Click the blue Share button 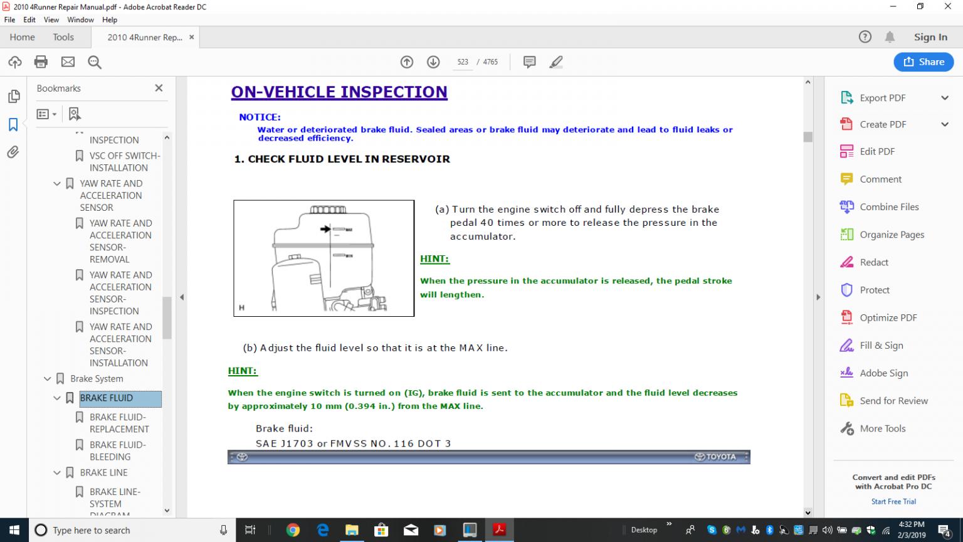(x=924, y=62)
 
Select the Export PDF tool (x=882, y=98)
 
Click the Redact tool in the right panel (x=873, y=262)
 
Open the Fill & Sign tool (x=881, y=346)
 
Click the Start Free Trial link (x=893, y=502)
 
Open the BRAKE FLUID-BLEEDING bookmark (x=117, y=451)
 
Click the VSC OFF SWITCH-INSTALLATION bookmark (x=125, y=162)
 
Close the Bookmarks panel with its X (x=159, y=88)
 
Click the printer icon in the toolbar (x=41, y=62)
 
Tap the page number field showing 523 (x=463, y=62)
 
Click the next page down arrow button (x=433, y=62)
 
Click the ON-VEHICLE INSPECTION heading (x=339, y=92)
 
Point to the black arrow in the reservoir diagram (x=325, y=229)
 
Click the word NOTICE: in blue (x=260, y=117)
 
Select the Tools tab (x=63, y=38)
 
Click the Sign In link (x=930, y=38)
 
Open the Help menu (x=110, y=20)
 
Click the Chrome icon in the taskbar (x=293, y=530)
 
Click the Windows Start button (x=14, y=530)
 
